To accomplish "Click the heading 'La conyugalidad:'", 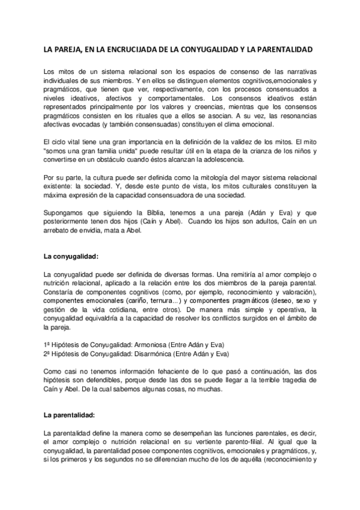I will [70, 256].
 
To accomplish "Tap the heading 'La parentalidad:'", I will [70, 415].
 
